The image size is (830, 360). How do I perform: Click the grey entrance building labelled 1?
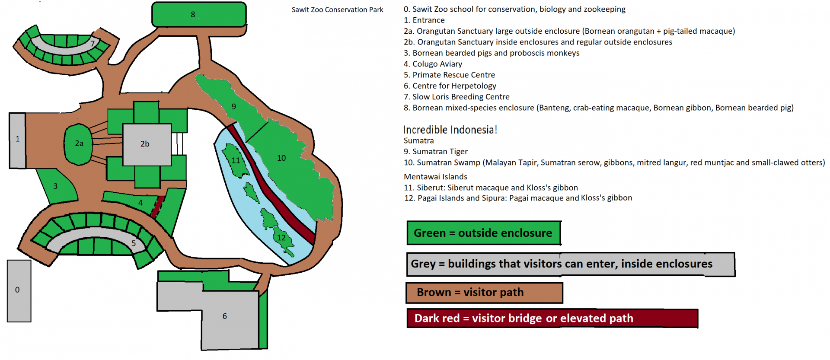tap(17, 140)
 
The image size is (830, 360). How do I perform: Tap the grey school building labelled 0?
tap(19, 291)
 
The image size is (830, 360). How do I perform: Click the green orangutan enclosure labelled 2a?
tap(78, 144)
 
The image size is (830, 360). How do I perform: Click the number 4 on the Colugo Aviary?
tap(140, 202)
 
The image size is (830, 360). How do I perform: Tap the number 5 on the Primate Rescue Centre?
tap(134, 243)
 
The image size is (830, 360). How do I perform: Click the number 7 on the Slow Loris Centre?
tap(93, 43)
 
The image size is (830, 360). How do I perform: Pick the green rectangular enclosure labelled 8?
tap(199, 14)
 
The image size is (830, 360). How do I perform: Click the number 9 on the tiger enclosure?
tap(234, 106)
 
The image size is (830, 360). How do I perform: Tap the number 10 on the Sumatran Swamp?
tap(281, 158)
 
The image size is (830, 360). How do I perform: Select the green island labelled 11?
tap(235, 160)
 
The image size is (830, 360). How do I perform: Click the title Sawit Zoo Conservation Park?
tap(337, 10)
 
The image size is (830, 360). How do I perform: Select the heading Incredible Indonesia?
tap(450, 130)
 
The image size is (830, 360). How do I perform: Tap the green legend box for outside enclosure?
tap(484, 233)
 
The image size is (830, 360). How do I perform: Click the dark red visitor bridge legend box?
tap(552, 319)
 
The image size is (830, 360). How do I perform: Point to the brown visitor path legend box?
tap(484, 293)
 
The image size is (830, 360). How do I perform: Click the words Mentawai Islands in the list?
tap(435, 176)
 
